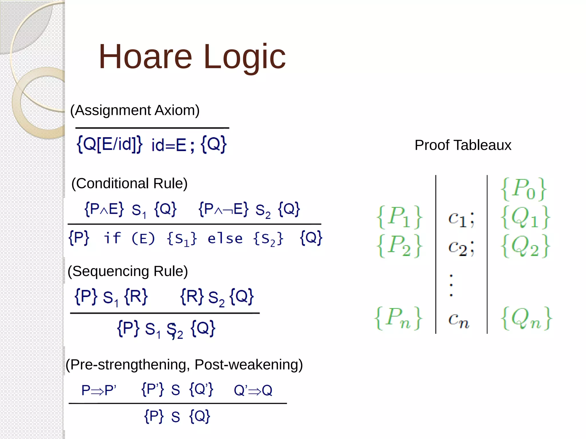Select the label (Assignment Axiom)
[x=135, y=110]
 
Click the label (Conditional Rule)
[x=129, y=183]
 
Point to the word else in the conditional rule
[x=225, y=238]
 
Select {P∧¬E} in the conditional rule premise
[x=223, y=209]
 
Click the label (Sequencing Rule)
[x=128, y=271]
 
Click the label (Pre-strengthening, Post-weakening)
[x=184, y=365]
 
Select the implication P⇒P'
[x=99, y=390]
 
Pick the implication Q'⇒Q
[x=253, y=390]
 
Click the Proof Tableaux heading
[x=463, y=145]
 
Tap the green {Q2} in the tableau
[x=525, y=246]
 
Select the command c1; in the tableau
[x=461, y=219]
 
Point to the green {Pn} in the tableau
[x=398, y=318]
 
